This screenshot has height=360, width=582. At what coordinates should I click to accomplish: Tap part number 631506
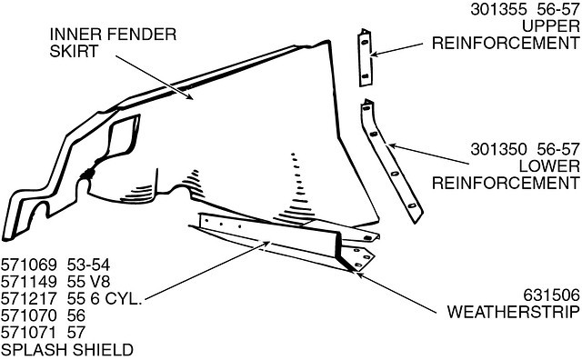[x=551, y=295]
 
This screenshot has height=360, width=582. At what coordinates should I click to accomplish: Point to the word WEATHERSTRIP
[x=513, y=312]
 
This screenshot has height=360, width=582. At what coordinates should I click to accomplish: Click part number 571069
[x=28, y=265]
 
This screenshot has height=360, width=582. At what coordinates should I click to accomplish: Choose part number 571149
[x=28, y=282]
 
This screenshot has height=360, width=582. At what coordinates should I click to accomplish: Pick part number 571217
[x=28, y=299]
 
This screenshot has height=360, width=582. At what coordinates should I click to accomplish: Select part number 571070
[x=28, y=315]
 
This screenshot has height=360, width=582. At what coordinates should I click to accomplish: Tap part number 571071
[x=28, y=333]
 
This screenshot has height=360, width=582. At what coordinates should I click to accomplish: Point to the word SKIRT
[x=74, y=51]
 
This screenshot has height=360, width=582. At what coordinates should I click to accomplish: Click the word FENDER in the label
[x=142, y=35]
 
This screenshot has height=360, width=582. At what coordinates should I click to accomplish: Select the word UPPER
[x=551, y=26]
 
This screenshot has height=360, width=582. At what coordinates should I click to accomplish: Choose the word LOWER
[x=549, y=166]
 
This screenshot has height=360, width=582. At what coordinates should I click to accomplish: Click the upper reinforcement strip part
[x=365, y=58]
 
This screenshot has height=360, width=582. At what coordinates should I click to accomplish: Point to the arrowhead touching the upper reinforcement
[x=376, y=55]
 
